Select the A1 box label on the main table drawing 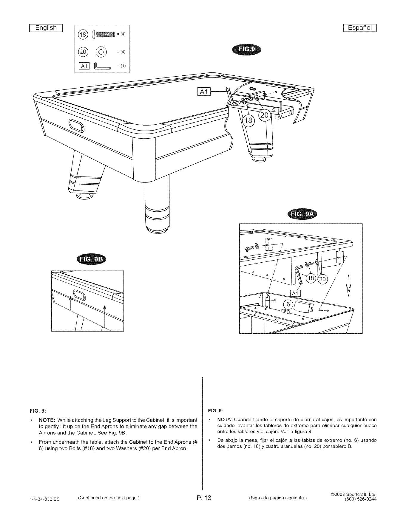click(x=204, y=92)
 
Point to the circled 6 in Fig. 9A click(x=288, y=304)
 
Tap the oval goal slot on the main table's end click(x=77, y=125)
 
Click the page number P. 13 click(x=204, y=498)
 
